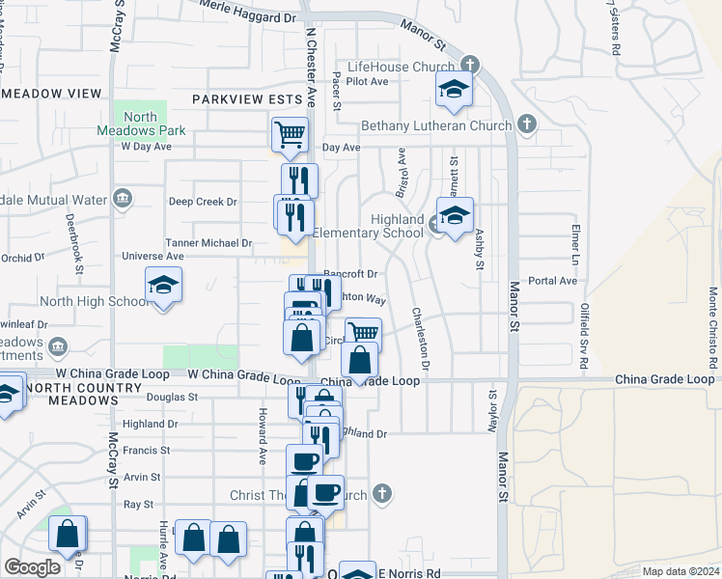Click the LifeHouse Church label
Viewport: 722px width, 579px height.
[401, 67]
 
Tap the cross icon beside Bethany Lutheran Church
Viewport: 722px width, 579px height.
[526, 124]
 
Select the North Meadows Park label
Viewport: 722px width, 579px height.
[141, 124]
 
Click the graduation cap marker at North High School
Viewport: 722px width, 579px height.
[163, 286]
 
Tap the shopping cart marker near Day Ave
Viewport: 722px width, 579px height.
[290, 134]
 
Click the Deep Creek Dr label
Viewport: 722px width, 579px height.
[203, 202]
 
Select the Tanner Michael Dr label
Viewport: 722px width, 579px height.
[208, 244]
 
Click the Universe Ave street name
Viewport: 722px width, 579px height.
[153, 257]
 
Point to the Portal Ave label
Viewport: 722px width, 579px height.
[553, 281]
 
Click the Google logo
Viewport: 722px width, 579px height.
[33, 566]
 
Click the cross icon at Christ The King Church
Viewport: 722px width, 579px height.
[382, 494]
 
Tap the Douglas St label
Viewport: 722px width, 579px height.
[172, 397]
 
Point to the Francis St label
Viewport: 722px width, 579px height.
[147, 450]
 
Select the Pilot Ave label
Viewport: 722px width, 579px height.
[368, 82]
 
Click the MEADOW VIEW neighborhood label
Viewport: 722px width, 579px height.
[53, 94]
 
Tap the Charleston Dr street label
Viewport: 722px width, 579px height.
[420, 339]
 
